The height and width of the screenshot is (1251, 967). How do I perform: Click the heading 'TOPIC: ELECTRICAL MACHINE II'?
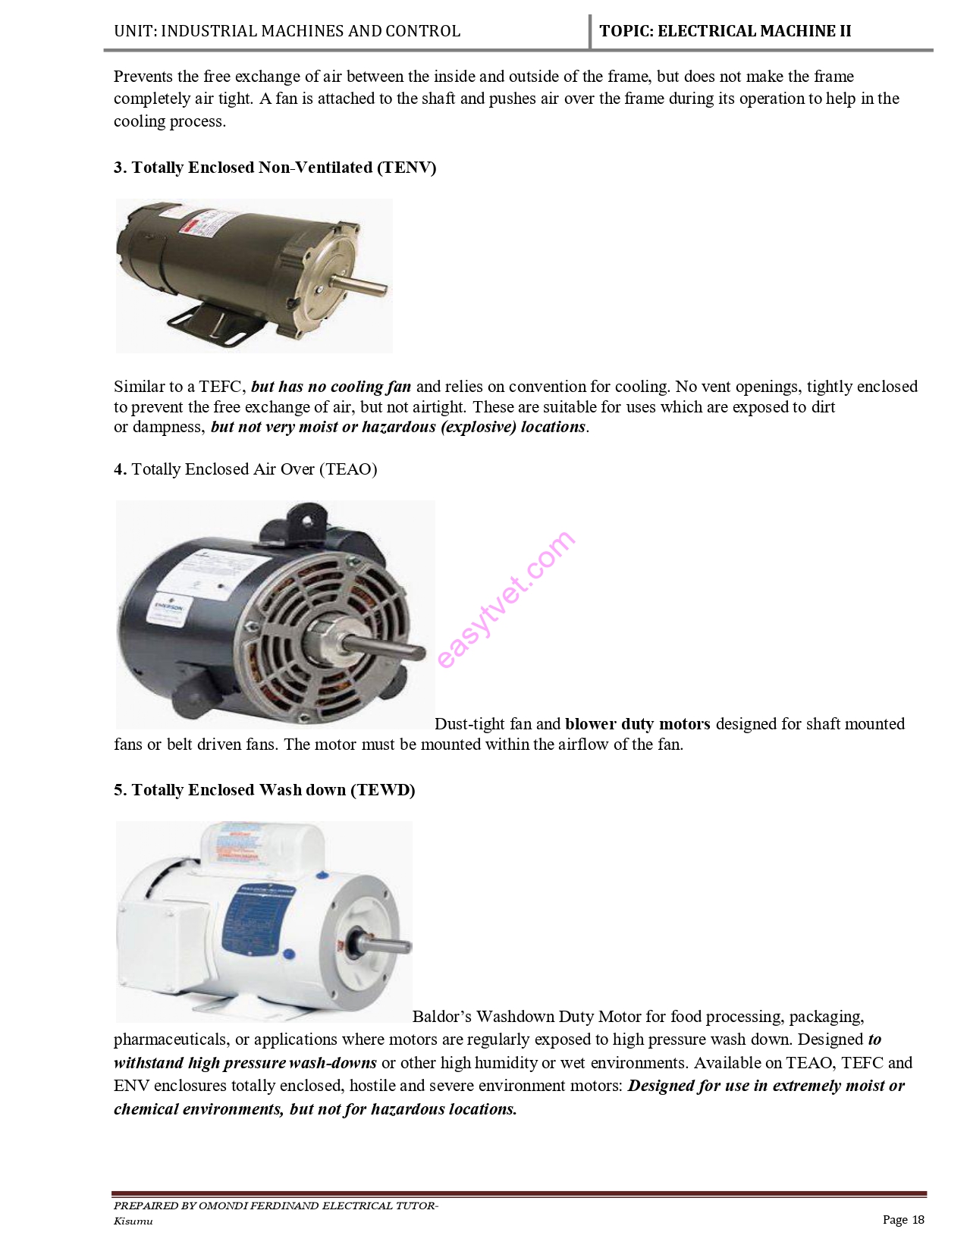[x=725, y=31]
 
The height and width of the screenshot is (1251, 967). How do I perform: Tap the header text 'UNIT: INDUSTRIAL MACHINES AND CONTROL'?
[x=287, y=31]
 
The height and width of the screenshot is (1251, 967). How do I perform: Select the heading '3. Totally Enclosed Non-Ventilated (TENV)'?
[x=275, y=168]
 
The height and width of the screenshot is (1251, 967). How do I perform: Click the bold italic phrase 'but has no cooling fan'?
[x=331, y=387]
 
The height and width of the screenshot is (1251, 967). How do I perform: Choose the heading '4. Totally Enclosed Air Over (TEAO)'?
[x=245, y=469]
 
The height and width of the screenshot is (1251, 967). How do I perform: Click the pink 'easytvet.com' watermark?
[x=506, y=599]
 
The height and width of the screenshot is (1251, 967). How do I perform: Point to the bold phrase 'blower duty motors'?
[x=637, y=724]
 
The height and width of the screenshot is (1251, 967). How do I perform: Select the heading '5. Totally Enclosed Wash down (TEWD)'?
[x=264, y=790]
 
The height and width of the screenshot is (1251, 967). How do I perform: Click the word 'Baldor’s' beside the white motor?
[x=441, y=1017]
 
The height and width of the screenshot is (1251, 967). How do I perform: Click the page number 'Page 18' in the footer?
[x=903, y=1219]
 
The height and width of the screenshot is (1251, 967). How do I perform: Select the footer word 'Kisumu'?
[x=133, y=1221]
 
